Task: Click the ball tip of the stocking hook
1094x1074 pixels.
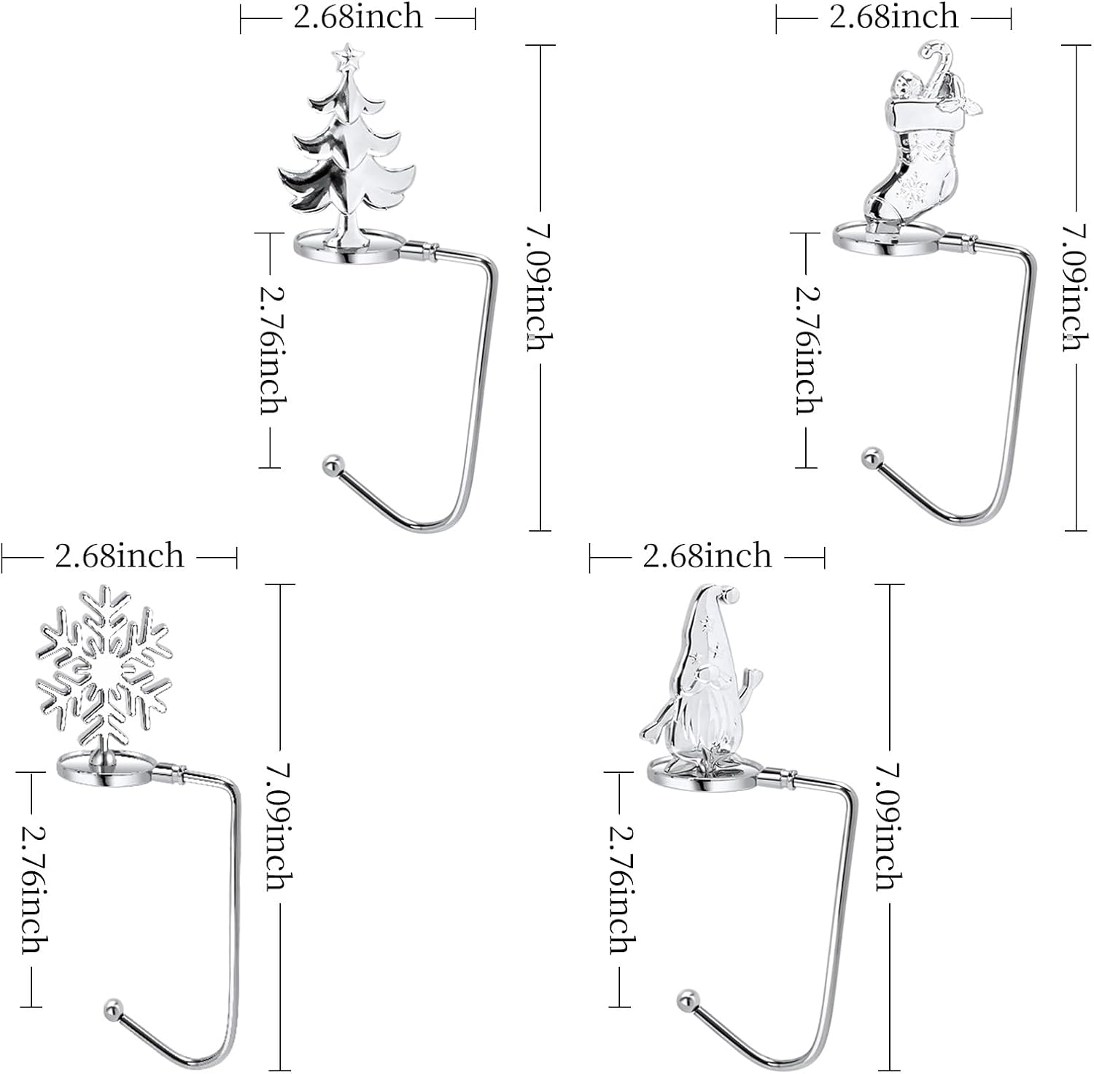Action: click(x=869, y=458)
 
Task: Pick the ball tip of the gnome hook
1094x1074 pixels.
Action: click(x=686, y=997)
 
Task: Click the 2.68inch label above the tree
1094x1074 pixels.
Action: click(x=357, y=16)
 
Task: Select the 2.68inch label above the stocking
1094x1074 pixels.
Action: click(x=893, y=16)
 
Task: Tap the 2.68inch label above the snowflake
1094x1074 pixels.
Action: click(x=119, y=557)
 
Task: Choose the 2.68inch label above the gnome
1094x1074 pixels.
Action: click(x=707, y=556)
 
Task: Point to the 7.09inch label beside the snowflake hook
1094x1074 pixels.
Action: click(x=280, y=826)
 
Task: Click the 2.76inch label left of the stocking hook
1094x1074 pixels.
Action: click(x=807, y=349)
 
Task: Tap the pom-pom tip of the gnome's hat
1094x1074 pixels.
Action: click(x=732, y=598)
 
